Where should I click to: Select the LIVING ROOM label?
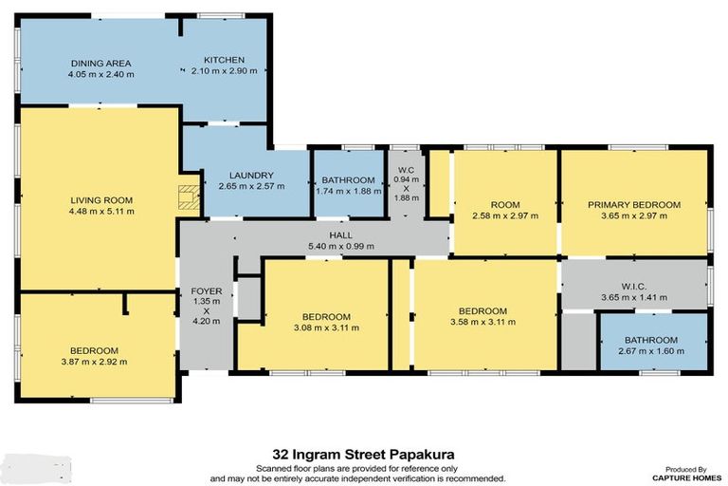point(100,200)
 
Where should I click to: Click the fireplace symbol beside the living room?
point(190,196)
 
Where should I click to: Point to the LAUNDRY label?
point(251,176)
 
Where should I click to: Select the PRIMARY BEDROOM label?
point(634,204)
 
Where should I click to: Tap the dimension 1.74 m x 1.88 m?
point(348,190)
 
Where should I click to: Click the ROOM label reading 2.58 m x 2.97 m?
point(504,204)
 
